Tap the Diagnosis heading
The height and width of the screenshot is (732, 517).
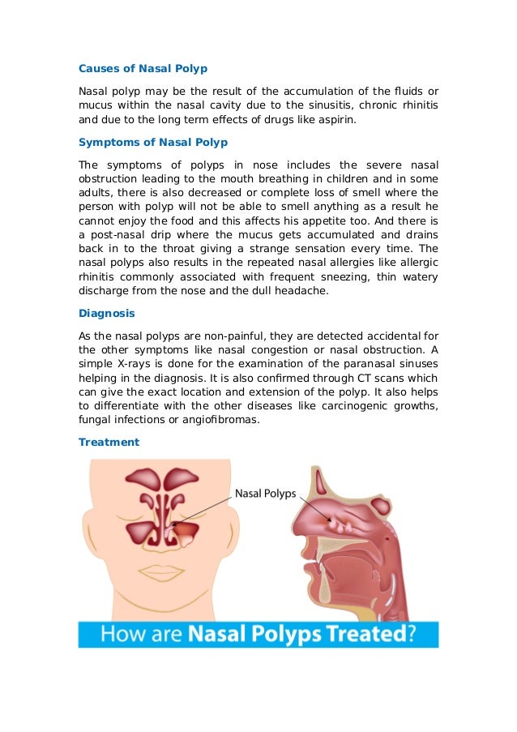click(106, 312)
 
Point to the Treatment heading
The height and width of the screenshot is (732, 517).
click(109, 442)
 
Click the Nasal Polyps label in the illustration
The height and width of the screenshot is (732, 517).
click(265, 492)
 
